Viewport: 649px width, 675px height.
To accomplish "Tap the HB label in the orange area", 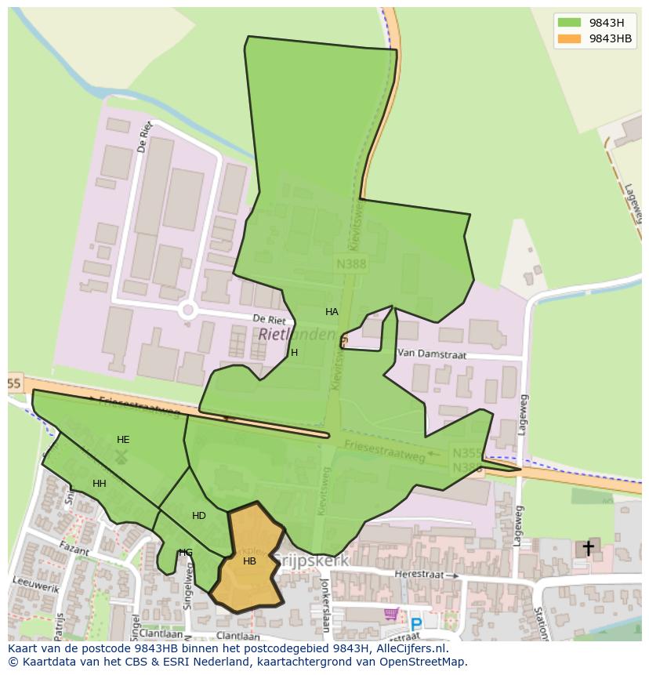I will (249, 561).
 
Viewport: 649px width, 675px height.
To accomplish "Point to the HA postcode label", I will (332, 312).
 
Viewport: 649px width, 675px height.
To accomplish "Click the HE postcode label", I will (123, 440).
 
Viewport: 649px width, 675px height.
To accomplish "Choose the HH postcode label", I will (100, 484).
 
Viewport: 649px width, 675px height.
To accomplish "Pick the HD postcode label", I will (199, 516).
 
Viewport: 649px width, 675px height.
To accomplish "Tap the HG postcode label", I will (186, 553).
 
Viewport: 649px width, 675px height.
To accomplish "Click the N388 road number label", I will (350, 264).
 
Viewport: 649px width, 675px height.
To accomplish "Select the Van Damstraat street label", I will (432, 354).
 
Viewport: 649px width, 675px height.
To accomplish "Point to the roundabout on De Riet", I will (187, 310).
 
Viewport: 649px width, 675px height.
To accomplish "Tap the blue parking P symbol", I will (415, 624).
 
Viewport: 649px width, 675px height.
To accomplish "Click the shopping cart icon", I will (390, 613).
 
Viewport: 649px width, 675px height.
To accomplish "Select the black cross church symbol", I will (588, 548).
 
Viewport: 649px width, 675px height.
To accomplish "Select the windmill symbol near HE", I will (121, 455).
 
